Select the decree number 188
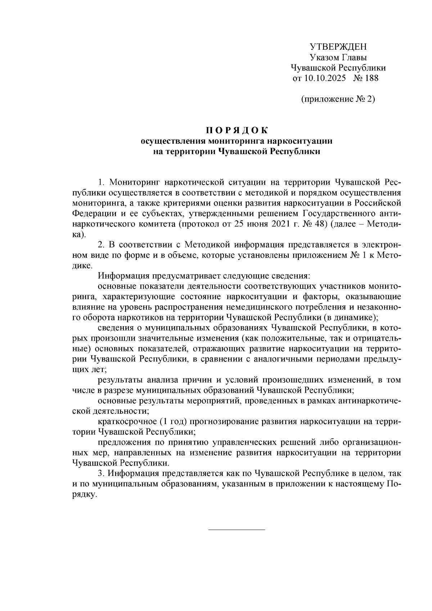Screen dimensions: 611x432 (x=372, y=78)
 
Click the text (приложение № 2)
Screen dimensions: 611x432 (x=338, y=99)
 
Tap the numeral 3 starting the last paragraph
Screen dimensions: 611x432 (x=100, y=473)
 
